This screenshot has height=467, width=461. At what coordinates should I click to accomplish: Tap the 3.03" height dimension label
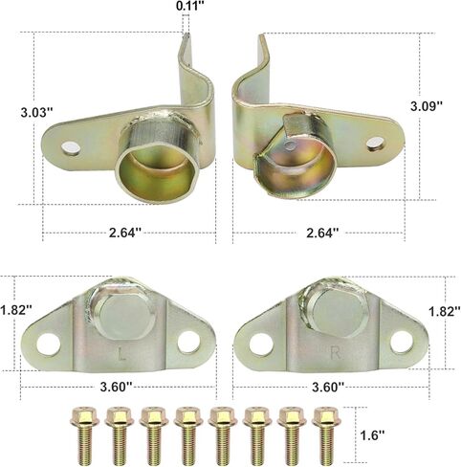pyautogui.click(x=36, y=113)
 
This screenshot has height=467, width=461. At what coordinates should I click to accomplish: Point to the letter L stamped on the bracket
pyautogui.click(x=120, y=353)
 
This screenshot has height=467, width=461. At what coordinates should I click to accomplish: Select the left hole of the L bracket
pyautogui.click(x=48, y=344)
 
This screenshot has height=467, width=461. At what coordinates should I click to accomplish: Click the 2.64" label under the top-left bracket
pyautogui.click(x=123, y=232)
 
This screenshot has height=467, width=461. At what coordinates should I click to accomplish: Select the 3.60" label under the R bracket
pyautogui.click(x=329, y=387)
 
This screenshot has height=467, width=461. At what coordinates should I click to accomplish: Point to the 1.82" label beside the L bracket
pyautogui.click(x=16, y=310)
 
